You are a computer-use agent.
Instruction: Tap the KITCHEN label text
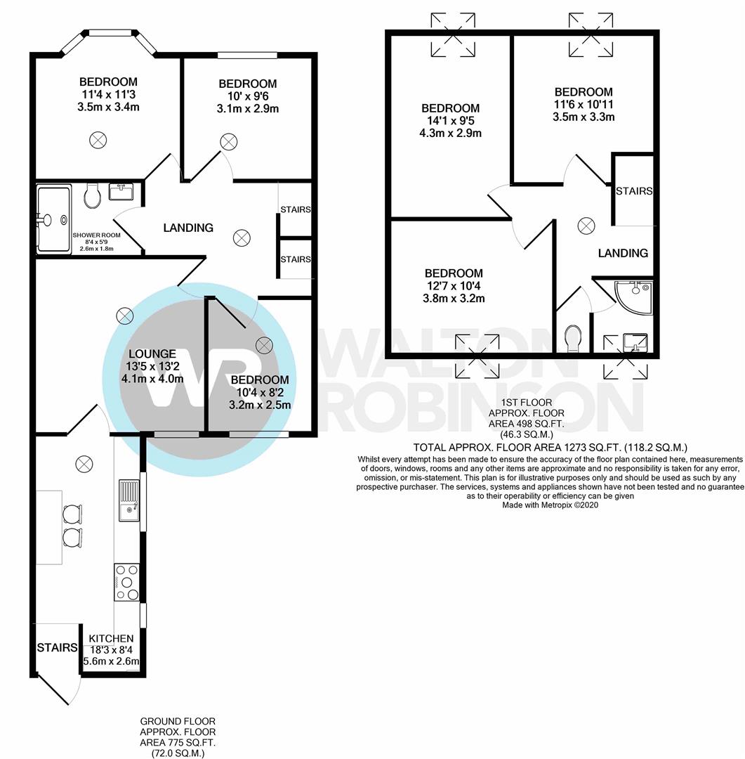112,638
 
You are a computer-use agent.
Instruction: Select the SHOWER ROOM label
96,235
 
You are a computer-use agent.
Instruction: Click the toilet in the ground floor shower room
92,197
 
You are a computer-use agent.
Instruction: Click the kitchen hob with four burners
126,582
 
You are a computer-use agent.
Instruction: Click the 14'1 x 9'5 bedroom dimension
450,121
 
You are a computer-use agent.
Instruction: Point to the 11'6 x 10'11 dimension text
583,104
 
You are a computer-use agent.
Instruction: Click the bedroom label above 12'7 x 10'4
453,273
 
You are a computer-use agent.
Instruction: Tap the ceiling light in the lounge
125,316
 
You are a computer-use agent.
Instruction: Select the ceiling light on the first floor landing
586,226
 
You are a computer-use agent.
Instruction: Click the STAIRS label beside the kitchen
57,647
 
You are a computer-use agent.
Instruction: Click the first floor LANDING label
623,253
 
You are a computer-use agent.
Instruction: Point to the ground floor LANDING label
188,228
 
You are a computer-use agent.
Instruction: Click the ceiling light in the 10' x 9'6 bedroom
228,143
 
